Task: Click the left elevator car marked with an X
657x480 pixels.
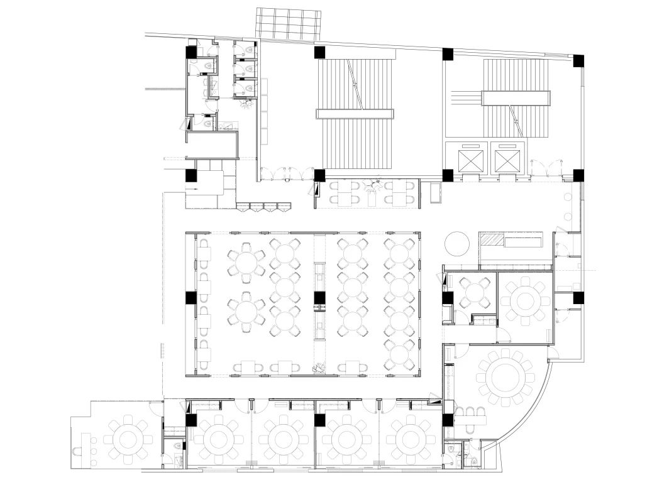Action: (472, 160)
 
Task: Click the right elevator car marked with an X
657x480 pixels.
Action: (509, 160)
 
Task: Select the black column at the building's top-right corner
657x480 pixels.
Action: (578, 61)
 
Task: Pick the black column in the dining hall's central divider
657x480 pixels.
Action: (319, 298)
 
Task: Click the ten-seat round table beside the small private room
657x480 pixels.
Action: (526, 301)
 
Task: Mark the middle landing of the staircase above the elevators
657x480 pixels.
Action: (516, 97)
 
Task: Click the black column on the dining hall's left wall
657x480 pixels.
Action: (190, 298)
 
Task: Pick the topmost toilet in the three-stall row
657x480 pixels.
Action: (250, 49)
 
